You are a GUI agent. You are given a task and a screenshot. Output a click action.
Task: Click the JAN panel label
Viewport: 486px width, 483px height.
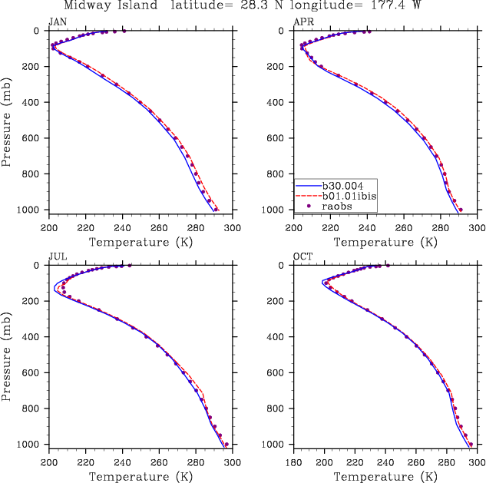(x=58, y=21)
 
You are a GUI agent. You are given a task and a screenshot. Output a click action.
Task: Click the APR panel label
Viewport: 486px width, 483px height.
(x=303, y=21)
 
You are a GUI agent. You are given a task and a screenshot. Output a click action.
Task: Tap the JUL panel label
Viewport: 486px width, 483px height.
(x=58, y=256)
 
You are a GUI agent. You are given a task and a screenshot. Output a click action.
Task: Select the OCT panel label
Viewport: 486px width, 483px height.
(x=303, y=256)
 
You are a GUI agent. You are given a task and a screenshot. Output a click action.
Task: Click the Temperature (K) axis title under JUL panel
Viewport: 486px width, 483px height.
(x=140, y=477)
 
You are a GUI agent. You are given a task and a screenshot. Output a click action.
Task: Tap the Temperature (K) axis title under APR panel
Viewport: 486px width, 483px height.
(x=385, y=242)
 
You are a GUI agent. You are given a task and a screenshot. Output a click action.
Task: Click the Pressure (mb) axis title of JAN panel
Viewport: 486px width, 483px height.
(x=7, y=121)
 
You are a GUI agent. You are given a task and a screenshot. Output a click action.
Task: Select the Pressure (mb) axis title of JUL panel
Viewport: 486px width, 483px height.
(x=7, y=356)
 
